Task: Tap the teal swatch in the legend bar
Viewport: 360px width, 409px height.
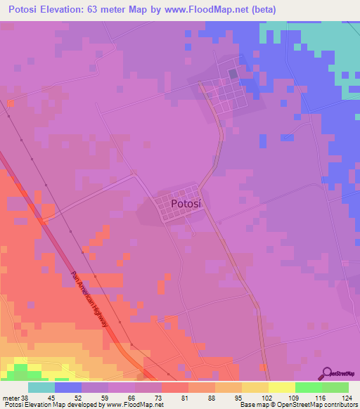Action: point(41,387)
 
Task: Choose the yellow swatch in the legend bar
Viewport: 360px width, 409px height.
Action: point(281,387)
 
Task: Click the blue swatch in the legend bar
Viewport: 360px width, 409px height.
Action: point(68,387)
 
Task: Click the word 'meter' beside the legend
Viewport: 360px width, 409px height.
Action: point(9,398)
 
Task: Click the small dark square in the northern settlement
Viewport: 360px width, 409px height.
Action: point(233,73)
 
